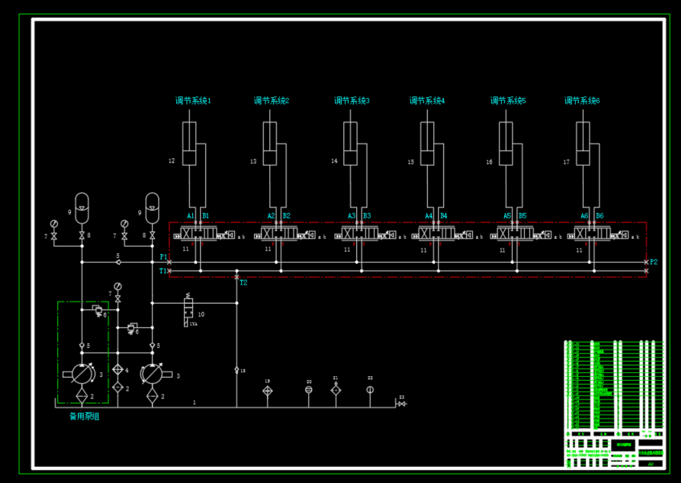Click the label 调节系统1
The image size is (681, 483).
point(193,101)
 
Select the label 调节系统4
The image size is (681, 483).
point(427,101)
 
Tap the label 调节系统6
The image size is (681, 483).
point(582,101)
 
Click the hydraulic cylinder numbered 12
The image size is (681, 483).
point(189,145)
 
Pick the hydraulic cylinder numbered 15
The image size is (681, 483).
point(428,145)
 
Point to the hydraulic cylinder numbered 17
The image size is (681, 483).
point(583,145)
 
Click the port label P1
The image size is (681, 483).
point(163,257)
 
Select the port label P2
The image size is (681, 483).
point(654,262)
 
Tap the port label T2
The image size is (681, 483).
point(244,283)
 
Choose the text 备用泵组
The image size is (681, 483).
point(84,416)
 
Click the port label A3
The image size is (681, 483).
point(351,216)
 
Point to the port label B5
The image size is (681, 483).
point(522,216)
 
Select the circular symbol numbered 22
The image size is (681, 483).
point(370,391)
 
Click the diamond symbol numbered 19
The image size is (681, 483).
point(268,391)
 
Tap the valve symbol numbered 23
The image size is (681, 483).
point(401,403)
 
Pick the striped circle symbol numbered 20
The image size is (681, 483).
point(309,391)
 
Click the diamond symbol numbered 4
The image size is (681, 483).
point(117,370)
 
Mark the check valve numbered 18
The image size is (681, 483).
point(236,370)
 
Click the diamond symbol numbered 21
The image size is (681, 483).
point(336,390)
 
